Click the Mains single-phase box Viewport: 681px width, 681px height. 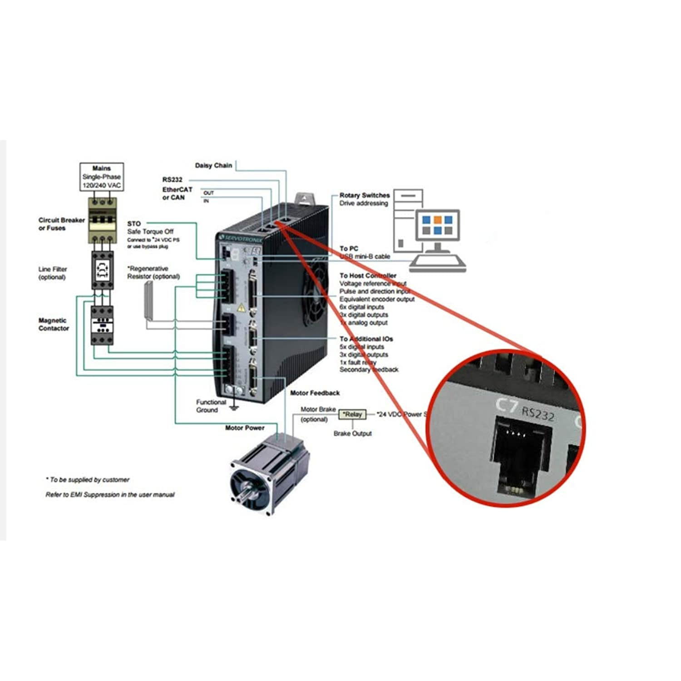coord(101,177)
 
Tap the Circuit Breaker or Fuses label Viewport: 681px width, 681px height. coord(61,224)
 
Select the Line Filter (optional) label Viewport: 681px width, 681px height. coord(52,273)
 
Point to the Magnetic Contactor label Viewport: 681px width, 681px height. coord(54,324)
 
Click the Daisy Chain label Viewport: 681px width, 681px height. coord(213,166)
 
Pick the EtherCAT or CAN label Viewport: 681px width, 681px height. coord(177,193)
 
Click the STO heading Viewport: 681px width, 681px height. coord(134,224)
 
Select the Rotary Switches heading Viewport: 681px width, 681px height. coord(365,195)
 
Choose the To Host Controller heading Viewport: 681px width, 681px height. coord(368,276)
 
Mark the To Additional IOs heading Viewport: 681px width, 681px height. coord(366,339)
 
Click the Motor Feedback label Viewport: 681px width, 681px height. coord(315,393)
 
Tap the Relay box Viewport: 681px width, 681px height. coord(353,414)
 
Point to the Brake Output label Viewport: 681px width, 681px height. coord(352,434)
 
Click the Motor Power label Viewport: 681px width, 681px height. coord(245,428)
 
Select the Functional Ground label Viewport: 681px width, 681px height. coord(211,406)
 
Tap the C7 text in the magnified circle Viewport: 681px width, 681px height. coord(506,404)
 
